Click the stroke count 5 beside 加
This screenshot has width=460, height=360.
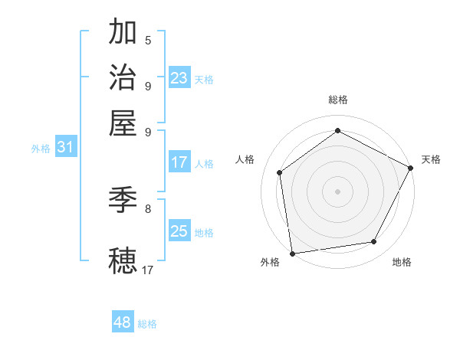point(148,40)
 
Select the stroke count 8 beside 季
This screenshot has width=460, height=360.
point(148,208)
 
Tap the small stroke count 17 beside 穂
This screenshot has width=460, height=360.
point(148,269)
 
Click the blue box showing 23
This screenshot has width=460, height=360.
point(179,78)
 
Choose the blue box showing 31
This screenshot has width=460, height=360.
point(65,148)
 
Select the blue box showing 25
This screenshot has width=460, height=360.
point(179,231)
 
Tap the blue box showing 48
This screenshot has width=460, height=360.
point(123,322)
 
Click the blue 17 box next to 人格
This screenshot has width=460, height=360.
point(179,162)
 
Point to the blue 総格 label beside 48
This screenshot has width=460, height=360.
point(147,324)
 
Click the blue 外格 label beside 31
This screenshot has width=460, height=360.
point(40,149)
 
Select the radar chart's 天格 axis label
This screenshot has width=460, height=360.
point(432,159)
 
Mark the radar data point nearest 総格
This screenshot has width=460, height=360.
point(337,131)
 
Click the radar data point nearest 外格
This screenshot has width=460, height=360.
point(292,252)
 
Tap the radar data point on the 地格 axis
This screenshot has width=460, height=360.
point(374,242)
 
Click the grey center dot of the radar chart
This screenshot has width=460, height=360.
point(337,191)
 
